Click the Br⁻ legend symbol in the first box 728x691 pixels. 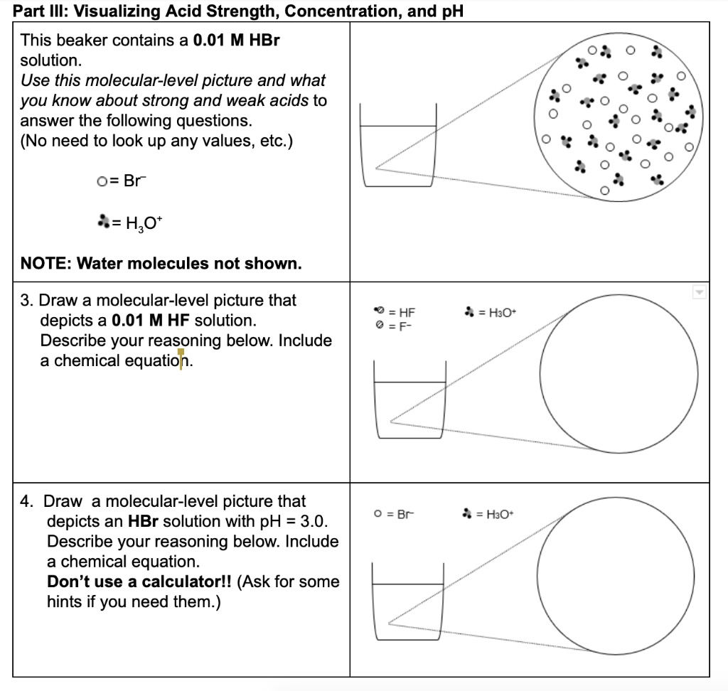click(x=102, y=181)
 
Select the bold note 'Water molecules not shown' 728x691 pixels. click(x=161, y=264)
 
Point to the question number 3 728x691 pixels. click(x=26, y=301)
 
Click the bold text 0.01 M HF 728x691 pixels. click(x=151, y=321)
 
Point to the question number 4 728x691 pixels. click(x=26, y=502)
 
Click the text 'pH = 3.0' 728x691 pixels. click(x=294, y=522)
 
